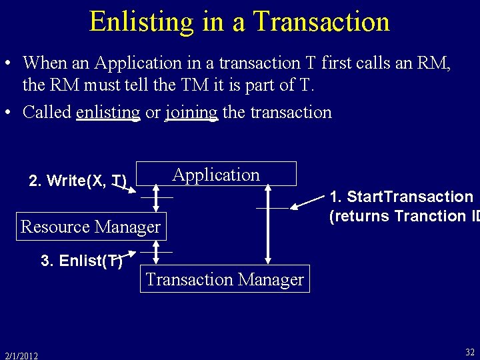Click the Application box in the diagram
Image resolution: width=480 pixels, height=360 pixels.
point(216,175)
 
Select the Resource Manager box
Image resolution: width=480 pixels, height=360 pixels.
point(91,227)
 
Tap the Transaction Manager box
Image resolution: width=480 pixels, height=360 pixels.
point(225,279)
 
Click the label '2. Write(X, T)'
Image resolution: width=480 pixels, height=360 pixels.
point(77,181)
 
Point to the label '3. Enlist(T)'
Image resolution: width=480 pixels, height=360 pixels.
point(81,261)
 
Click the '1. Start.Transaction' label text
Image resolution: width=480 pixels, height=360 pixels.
point(401,197)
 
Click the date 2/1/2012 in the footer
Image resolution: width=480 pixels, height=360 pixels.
point(21,355)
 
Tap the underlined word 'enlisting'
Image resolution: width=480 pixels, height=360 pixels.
point(108,112)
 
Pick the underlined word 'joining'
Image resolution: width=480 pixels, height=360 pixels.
point(191,112)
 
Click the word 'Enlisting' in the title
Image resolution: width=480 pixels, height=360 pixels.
point(141,21)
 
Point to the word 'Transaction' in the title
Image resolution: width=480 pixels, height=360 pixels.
point(321,21)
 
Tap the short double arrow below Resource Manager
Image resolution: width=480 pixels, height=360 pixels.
point(155,253)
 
